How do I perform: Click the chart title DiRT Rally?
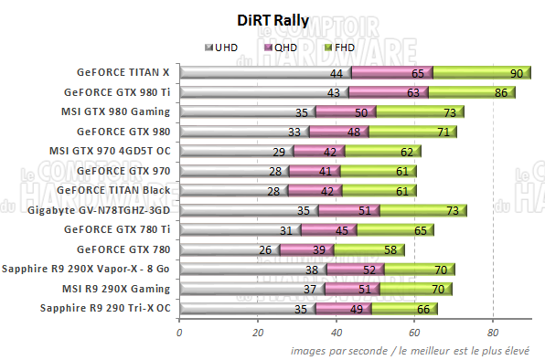point(272,20)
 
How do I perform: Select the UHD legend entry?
point(225,48)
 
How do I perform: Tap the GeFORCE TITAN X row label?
point(123,72)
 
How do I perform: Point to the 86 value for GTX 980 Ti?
point(501,92)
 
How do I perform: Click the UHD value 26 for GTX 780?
point(264,249)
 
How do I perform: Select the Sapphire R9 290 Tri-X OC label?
point(105,308)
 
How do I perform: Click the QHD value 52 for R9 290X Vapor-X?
point(369,270)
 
